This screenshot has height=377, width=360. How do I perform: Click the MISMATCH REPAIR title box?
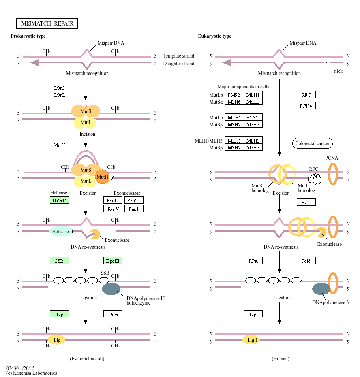(47, 23)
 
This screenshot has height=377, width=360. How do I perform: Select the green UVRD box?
(59, 200)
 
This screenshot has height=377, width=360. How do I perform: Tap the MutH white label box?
(59, 145)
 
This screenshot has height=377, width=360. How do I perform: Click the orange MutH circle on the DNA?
(103, 177)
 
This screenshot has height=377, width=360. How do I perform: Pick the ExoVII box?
(134, 200)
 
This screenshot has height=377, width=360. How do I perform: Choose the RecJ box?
(134, 209)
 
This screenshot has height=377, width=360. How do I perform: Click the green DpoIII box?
(113, 260)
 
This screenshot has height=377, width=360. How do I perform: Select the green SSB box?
(59, 260)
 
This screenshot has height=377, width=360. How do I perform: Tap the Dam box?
(113, 314)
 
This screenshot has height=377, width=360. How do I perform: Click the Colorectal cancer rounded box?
(312, 143)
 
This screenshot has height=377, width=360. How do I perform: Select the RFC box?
(306, 95)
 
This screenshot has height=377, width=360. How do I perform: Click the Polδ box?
(306, 260)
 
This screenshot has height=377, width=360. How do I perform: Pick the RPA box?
(253, 260)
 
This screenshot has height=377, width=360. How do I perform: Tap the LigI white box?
(253, 314)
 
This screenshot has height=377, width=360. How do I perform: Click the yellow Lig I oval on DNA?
(251, 340)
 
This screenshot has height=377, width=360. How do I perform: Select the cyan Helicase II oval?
(62, 232)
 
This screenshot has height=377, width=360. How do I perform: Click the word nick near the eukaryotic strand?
(338, 71)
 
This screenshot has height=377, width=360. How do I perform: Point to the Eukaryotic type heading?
(214, 36)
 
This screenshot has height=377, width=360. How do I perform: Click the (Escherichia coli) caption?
(90, 359)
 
